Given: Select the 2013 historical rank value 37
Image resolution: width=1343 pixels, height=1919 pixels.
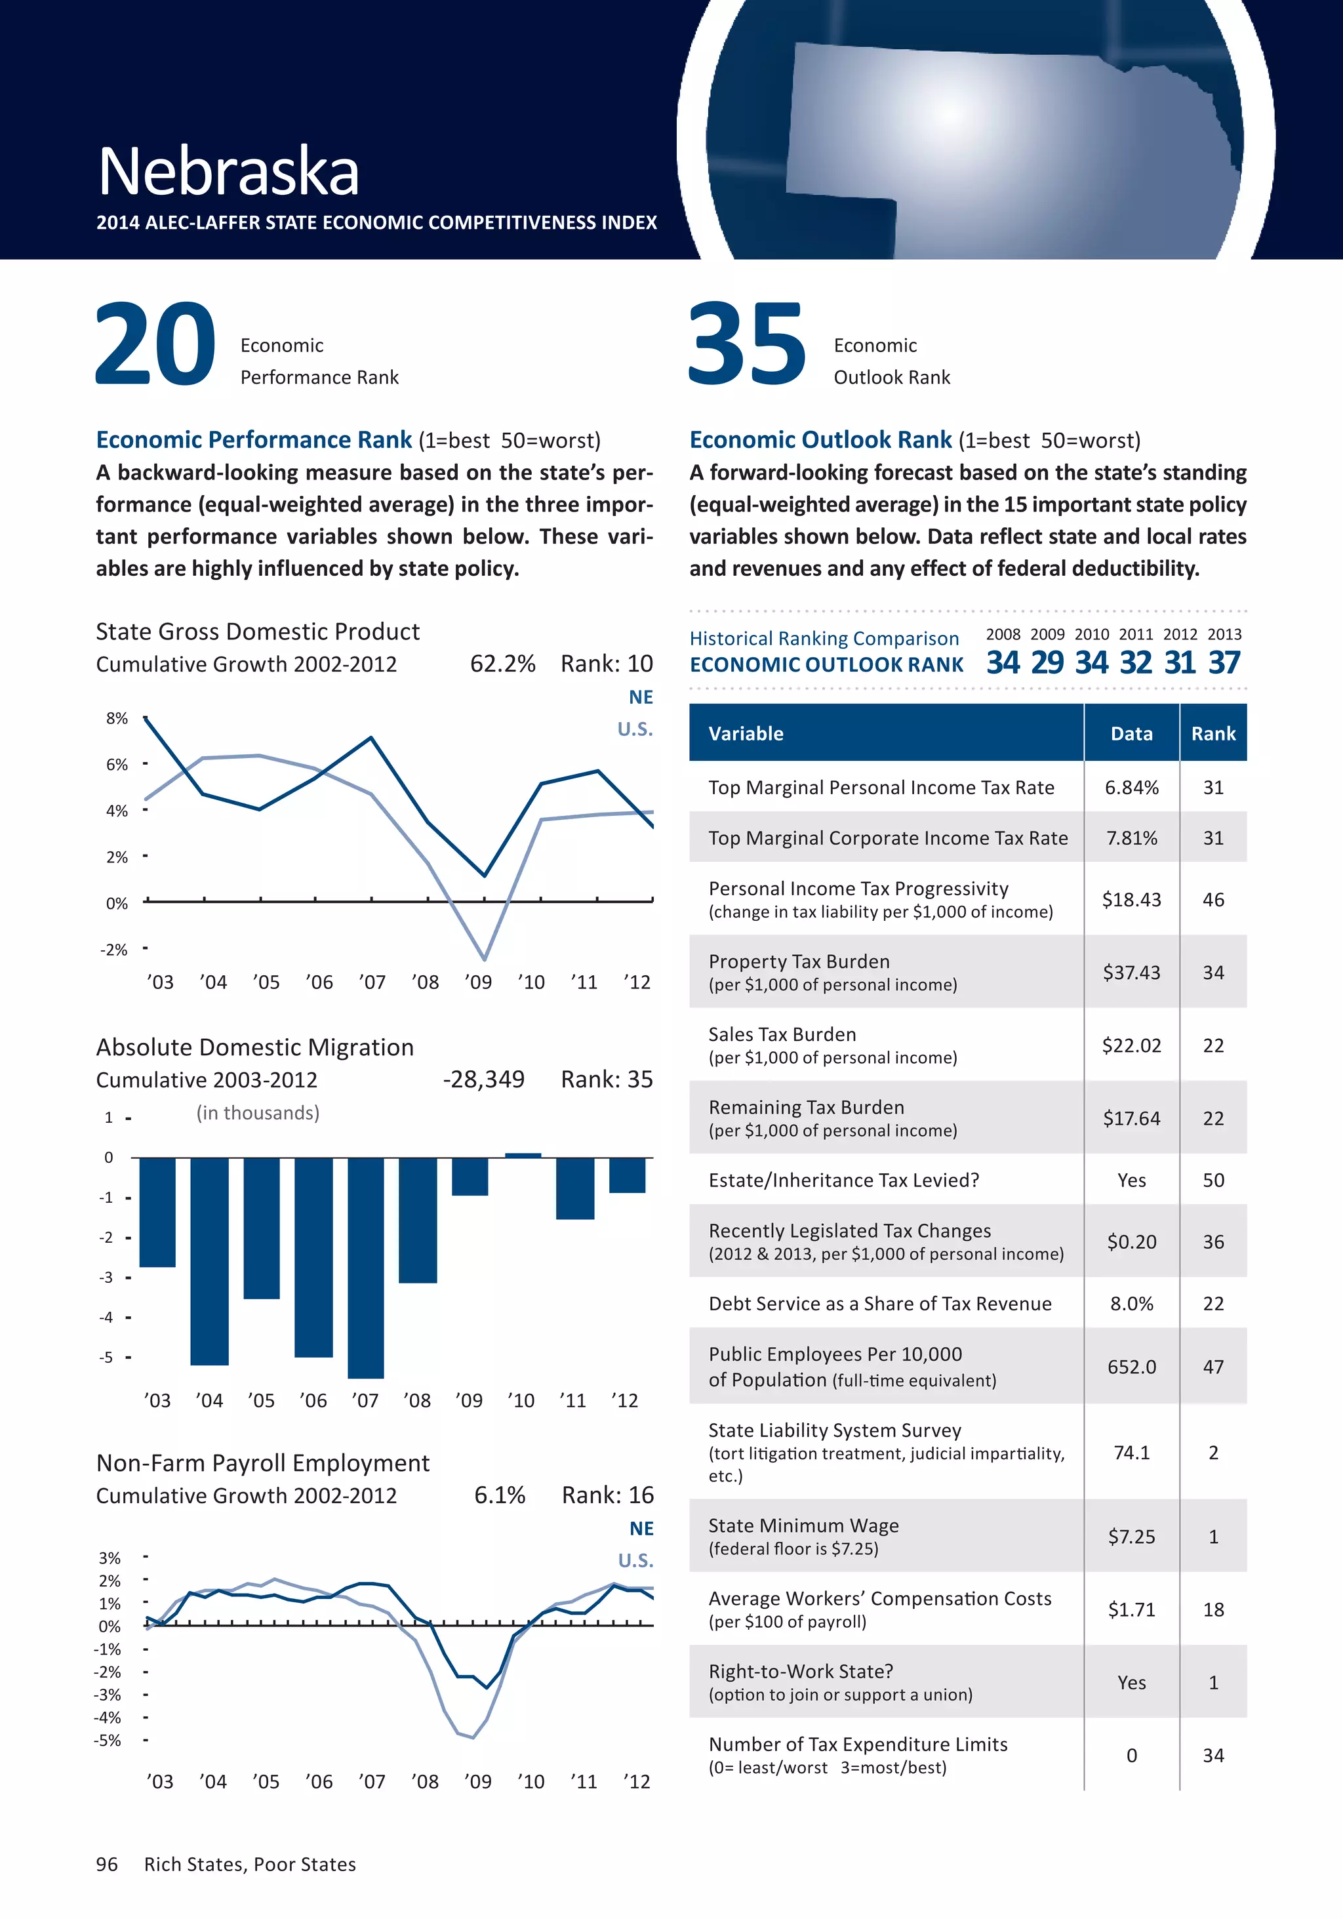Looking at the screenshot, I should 1224,663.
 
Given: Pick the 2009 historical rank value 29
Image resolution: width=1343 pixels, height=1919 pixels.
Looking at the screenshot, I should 1047,663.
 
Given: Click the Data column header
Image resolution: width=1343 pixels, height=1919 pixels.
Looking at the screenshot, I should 1132,734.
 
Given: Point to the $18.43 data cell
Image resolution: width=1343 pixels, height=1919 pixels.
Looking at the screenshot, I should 1132,899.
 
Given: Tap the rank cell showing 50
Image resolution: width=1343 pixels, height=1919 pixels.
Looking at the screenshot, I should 1213,1180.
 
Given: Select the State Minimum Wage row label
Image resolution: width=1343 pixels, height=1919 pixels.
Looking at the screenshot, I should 803,1525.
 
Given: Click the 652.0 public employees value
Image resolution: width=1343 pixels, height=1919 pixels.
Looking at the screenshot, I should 1132,1367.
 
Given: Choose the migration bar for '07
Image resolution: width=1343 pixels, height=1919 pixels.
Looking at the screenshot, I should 366,1267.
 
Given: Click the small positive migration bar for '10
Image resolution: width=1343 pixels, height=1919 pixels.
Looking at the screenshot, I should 523,1155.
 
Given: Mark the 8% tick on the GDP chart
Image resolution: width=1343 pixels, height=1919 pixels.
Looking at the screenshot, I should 117,719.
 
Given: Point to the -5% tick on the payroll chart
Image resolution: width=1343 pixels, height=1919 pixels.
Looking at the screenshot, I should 109,1740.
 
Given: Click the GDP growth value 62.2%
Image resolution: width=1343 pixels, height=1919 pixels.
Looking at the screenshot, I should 502,664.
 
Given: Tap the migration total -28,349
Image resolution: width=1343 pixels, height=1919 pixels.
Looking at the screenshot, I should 483,1079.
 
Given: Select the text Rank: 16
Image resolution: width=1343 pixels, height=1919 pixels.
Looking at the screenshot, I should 608,1495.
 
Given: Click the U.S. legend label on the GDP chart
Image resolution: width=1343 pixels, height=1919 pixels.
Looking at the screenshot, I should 635,729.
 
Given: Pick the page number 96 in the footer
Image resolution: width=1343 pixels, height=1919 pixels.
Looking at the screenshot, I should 107,1864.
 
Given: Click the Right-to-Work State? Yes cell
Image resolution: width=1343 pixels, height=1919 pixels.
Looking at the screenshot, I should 1132,1682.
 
